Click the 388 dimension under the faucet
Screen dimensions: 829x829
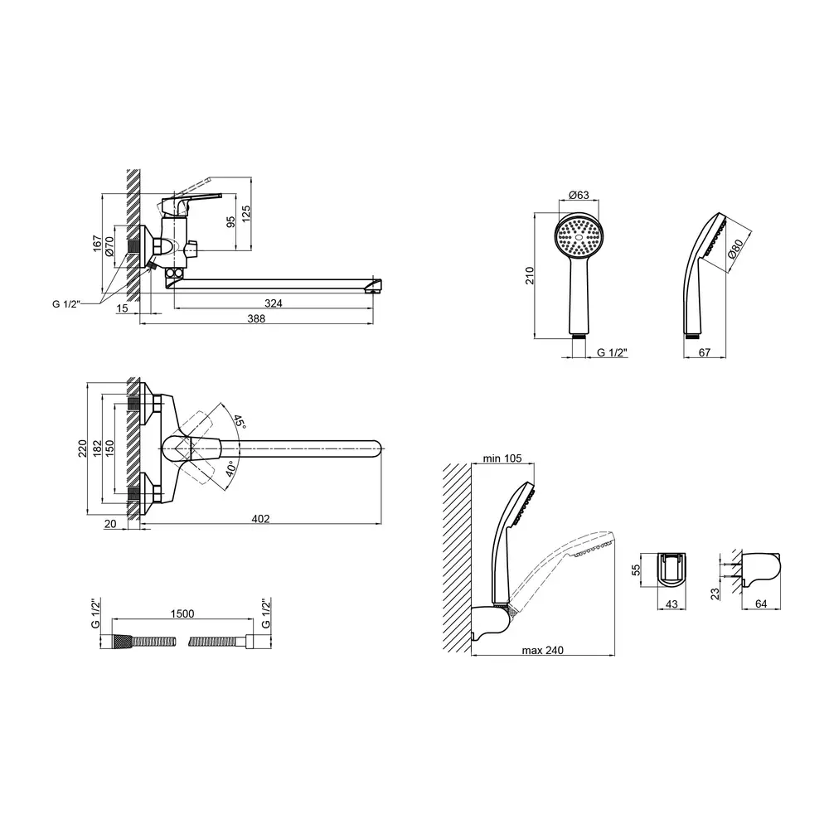256,318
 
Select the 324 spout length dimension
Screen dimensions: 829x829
274,303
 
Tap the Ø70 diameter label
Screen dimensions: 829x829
109,246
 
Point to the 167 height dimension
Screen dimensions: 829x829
97,244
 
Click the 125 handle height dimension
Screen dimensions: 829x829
246,214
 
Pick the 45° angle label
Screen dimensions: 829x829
240,421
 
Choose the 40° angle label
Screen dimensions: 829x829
231,469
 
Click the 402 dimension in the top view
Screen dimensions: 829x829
260,519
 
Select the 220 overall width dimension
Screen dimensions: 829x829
82,448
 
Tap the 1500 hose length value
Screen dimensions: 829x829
182,613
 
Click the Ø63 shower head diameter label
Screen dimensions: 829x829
579,195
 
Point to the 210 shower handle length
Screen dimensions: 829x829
530,275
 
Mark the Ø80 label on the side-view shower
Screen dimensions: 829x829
735,248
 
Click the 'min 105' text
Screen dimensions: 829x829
502,458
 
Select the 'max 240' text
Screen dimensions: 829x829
543,650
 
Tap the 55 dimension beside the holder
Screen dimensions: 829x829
636,570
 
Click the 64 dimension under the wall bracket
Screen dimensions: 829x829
761,604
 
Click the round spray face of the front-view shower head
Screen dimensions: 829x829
579,237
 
